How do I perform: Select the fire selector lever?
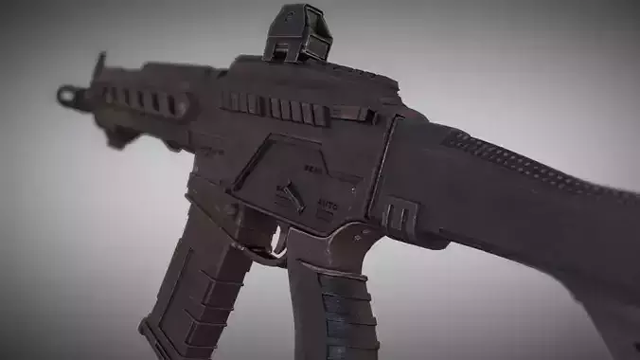click(288, 196)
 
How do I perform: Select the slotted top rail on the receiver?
click(275, 106)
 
